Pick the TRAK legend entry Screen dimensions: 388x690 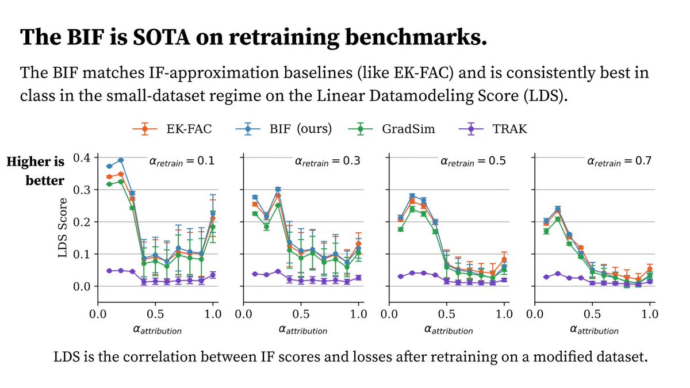[x=499, y=129]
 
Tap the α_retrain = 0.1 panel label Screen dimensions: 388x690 [x=179, y=162]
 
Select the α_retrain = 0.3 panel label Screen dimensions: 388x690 [x=325, y=162]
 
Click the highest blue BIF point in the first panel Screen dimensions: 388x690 [x=121, y=160]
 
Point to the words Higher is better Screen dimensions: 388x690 [x=44, y=171]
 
